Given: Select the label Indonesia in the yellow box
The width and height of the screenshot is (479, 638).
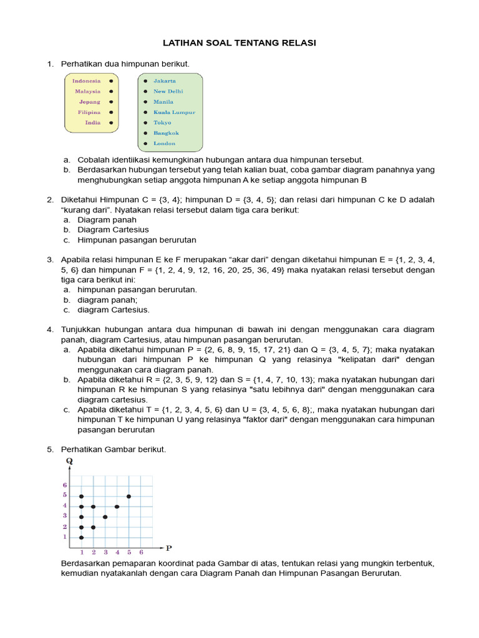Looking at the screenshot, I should point(86,81).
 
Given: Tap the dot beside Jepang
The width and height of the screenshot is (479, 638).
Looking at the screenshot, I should point(110,102).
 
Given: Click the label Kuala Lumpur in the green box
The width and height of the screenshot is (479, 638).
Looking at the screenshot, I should point(174,113).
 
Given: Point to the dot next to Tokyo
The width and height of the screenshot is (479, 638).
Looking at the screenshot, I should point(145,123).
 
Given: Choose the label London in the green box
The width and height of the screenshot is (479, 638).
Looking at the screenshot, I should point(164,143).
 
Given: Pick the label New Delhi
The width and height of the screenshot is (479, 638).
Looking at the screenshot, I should point(168,92).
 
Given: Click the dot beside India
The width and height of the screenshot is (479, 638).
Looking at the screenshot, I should point(110,123).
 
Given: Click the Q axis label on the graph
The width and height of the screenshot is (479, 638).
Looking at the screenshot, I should point(70,462).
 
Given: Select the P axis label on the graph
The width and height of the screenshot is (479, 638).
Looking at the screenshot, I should point(168,548).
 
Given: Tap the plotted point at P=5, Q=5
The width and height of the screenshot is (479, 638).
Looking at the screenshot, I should point(128,496).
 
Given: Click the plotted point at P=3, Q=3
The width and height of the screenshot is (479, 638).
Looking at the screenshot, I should point(105,517).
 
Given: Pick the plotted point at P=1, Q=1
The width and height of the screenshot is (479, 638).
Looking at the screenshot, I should point(81,537).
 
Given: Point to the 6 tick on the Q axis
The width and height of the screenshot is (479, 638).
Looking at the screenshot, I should point(64,485).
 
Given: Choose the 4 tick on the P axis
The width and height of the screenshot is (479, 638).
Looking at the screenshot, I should point(117,552).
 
